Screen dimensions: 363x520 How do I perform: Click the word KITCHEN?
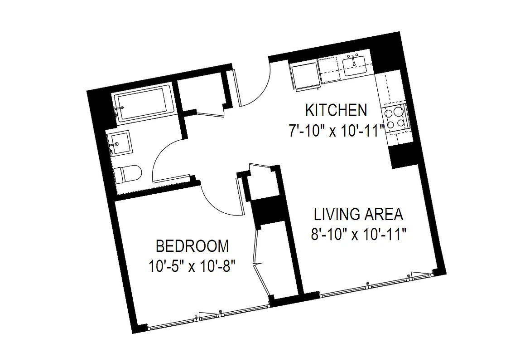(x=336, y=110)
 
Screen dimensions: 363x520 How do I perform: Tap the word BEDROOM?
(x=192, y=246)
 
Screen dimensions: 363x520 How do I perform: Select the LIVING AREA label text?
(x=358, y=214)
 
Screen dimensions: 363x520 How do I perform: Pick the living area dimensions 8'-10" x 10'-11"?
(x=358, y=235)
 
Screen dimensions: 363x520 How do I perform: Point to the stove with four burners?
(x=395, y=117)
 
